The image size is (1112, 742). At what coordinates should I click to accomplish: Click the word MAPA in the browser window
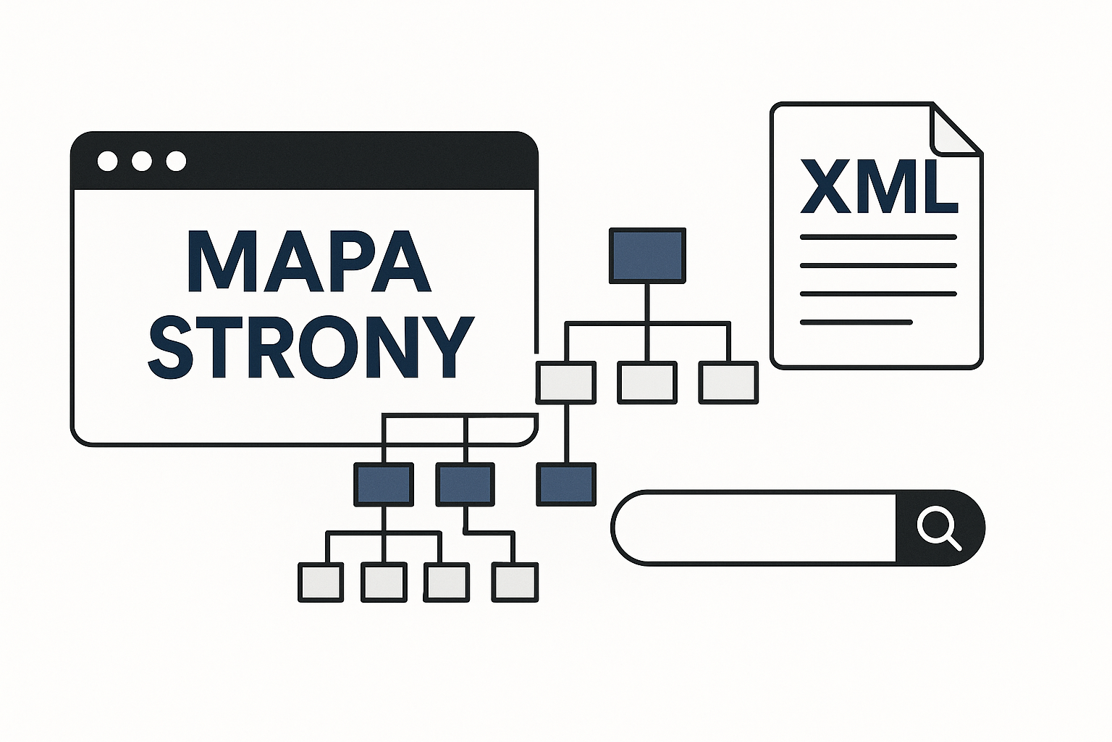309,262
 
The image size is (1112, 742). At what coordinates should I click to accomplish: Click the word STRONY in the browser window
311,347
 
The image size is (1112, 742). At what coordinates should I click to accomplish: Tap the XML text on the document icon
879,186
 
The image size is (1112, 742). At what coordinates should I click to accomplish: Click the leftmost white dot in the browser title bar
107,161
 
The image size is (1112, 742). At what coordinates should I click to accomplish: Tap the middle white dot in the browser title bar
142,161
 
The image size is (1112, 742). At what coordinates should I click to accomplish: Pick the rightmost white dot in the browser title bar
176,161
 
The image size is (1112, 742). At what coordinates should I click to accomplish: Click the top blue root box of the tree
647,255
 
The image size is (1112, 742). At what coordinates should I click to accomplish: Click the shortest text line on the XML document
856,322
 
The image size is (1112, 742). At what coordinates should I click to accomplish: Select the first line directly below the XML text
878,237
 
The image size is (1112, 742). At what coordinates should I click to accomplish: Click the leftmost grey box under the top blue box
566,383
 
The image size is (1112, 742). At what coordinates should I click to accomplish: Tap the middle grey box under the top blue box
647,383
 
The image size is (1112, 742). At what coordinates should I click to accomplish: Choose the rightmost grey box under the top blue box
728,383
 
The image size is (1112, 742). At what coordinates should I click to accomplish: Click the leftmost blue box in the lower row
384,484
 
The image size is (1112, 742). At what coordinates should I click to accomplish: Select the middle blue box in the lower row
466,484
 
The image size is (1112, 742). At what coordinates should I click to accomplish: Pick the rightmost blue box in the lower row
566,484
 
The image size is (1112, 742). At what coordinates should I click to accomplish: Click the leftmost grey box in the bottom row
321,582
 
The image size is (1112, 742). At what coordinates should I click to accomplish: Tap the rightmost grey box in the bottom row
515,582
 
